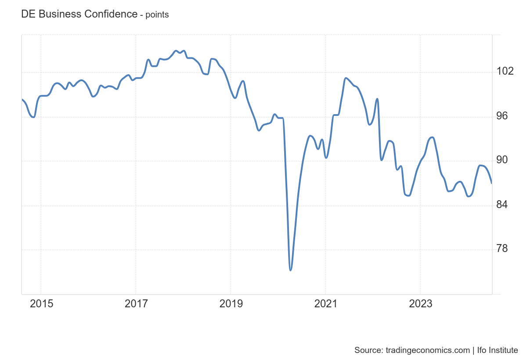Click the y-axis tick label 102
tap(504, 71)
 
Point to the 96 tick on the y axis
tap(502, 116)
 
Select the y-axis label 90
tap(502, 160)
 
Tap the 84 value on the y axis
tap(502, 205)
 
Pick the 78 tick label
tap(502, 248)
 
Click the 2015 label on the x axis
tap(41, 304)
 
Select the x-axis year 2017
tap(136, 304)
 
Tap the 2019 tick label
tap(231, 304)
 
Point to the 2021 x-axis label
tap(325, 304)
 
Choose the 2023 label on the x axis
tap(420, 304)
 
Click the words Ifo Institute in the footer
tap(497, 350)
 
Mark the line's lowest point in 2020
tap(291, 270)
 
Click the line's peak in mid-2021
tap(346, 78)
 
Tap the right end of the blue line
tap(491, 183)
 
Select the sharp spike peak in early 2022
tap(377, 99)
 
